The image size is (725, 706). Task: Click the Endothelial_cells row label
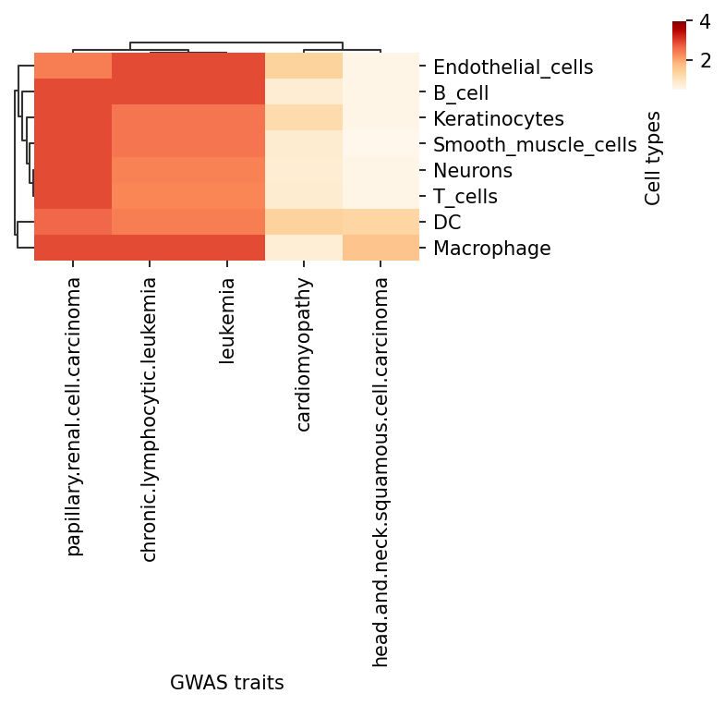coord(513,67)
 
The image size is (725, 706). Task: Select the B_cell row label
coord(473,92)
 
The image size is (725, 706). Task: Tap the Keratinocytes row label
coord(498,118)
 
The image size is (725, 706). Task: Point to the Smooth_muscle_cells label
coord(535,144)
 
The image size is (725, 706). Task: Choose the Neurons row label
coord(472,170)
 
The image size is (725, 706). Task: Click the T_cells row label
coord(465,196)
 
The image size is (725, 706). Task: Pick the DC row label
coord(447,222)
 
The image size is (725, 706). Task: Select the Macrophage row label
coord(491,248)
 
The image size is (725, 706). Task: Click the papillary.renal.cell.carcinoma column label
coord(74,416)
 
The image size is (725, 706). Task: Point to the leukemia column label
coord(227,321)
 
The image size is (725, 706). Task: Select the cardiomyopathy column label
coord(304,354)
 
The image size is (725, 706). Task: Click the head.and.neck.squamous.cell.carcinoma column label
coord(381,471)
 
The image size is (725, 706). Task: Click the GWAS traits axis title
coord(227,683)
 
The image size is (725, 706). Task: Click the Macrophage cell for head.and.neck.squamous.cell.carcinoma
coord(381,248)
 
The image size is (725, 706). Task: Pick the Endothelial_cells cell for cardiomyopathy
coord(304,67)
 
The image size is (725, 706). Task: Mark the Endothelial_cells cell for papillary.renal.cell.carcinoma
coord(74,67)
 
